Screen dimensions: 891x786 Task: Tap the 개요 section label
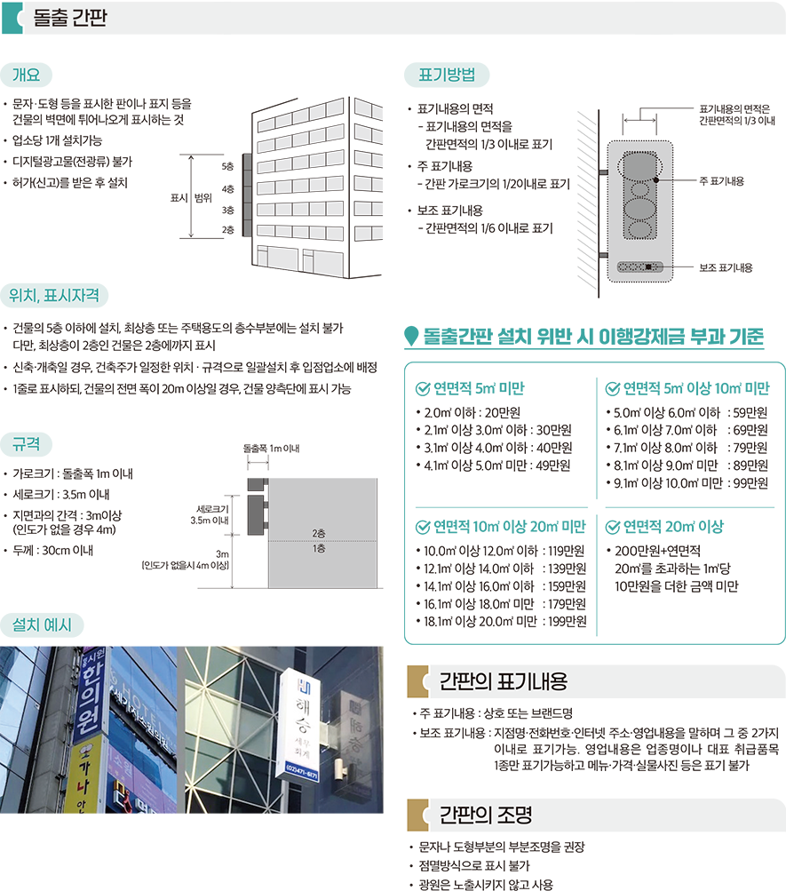[x=26, y=74]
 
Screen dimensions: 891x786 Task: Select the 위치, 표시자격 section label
[x=60, y=295]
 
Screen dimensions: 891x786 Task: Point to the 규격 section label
[x=26, y=444]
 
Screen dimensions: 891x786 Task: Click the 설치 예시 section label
[x=42, y=623]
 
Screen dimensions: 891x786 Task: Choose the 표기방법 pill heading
[x=446, y=75]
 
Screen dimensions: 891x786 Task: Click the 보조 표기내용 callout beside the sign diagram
[x=726, y=266]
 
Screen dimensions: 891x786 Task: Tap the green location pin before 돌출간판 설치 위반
[x=410, y=337]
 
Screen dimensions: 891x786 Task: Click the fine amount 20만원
[x=503, y=412]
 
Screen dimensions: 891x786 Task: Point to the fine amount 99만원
[x=750, y=482]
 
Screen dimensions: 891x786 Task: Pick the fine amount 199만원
[x=568, y=621]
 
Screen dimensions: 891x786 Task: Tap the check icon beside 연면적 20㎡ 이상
[x=612, y=527]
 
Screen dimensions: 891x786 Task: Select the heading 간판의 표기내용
[x=503, y=681]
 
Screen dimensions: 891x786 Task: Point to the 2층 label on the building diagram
[x=318, y=533]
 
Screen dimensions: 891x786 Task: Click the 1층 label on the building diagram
[x=318, y=549]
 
